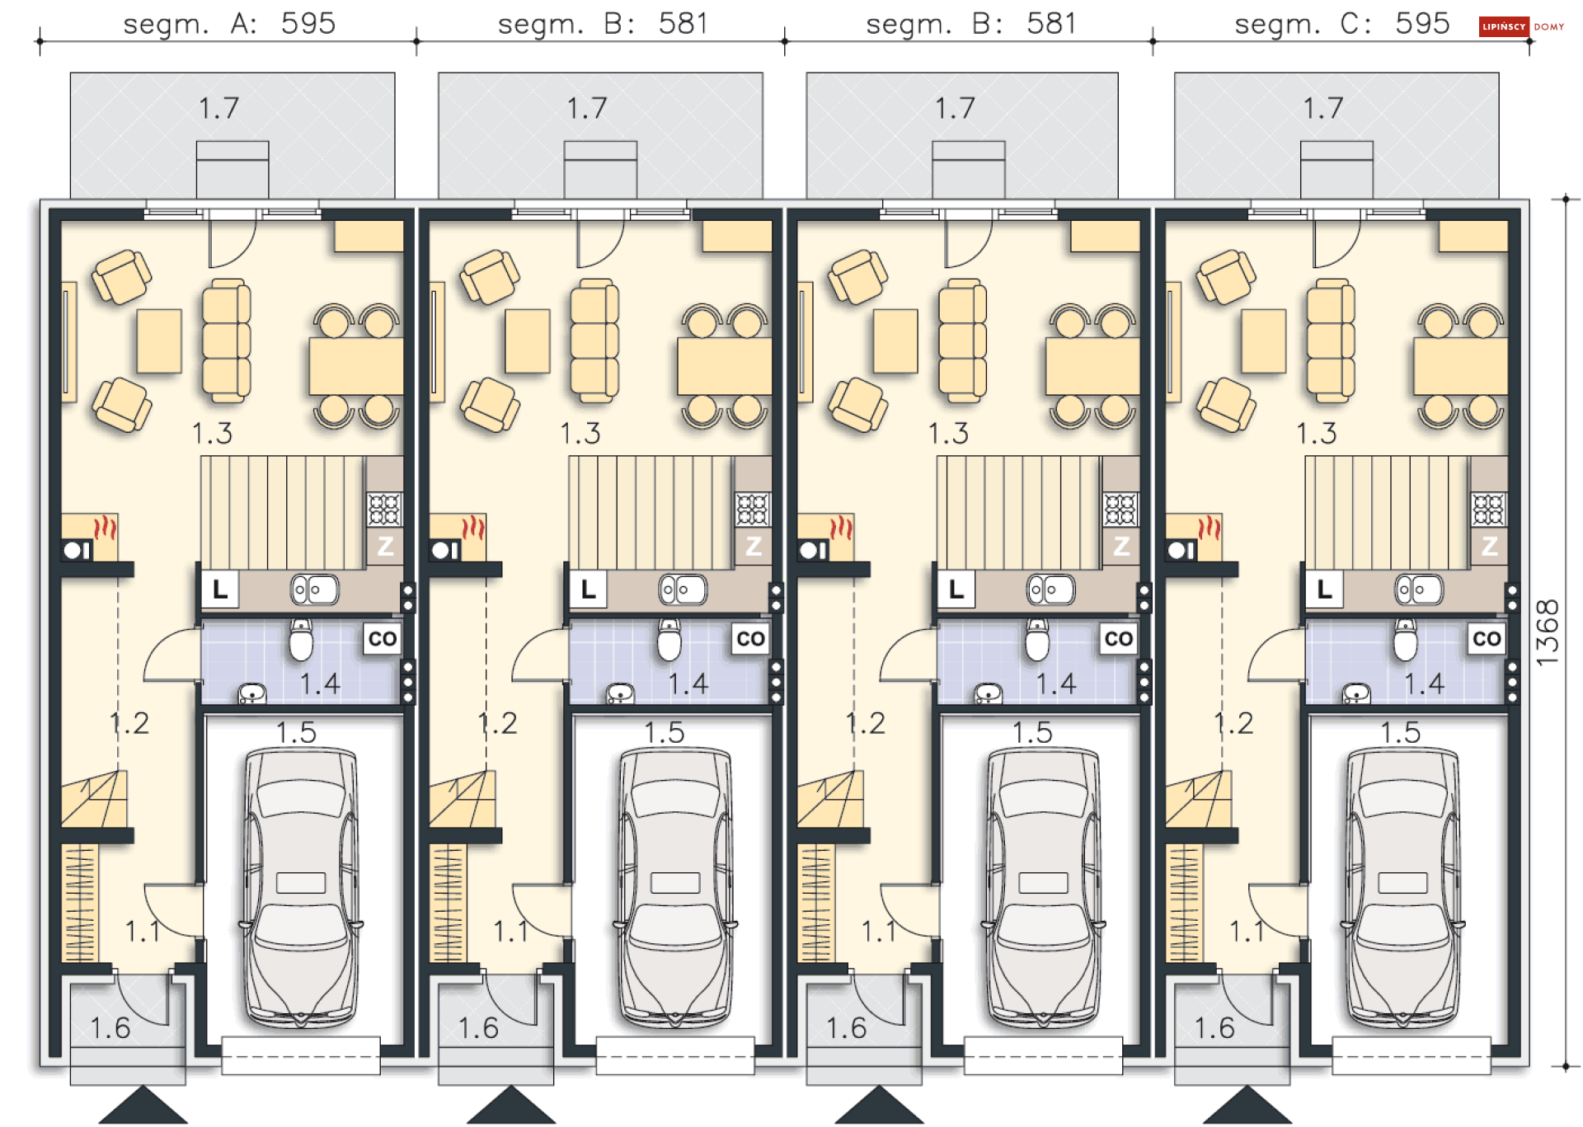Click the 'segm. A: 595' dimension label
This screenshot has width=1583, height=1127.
229,23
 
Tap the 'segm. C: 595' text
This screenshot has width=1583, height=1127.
1341,23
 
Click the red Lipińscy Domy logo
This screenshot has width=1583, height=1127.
1504,26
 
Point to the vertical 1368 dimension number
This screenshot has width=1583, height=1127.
1548,632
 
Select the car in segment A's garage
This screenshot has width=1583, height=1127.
301,887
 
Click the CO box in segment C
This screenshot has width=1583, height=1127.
1487,639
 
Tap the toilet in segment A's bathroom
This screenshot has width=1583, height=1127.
301,640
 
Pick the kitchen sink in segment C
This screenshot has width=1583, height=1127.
1418,589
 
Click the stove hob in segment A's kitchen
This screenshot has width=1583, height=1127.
384,509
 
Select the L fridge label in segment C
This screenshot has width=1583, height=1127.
1324,589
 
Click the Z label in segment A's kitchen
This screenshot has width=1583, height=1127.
385,546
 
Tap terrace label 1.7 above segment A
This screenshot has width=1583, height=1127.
218,108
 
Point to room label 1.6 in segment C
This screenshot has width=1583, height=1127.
1214,1028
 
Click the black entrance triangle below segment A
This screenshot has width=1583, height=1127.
143,1106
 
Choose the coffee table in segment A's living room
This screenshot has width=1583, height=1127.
159,341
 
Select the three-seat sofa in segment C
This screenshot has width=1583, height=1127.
1331,340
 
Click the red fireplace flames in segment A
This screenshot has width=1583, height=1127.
105,527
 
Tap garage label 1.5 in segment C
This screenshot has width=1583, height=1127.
1401,732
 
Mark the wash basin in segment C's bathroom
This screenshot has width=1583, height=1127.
1356,693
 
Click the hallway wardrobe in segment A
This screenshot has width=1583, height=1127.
80,903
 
